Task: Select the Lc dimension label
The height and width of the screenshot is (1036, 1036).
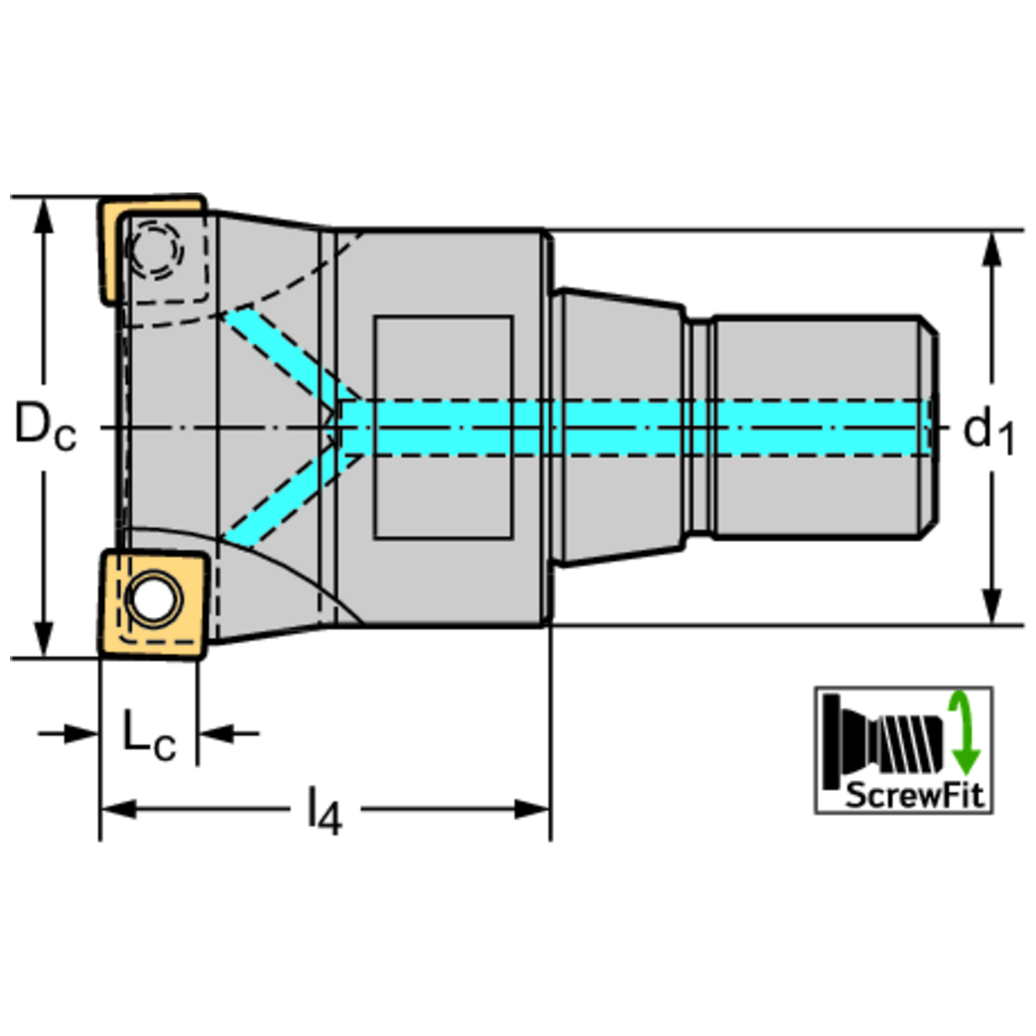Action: [149, 736]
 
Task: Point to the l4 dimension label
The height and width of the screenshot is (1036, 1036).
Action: [324, 812]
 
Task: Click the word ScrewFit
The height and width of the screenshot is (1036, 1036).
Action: [915, 795]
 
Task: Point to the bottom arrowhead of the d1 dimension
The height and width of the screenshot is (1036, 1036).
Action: [989, 609]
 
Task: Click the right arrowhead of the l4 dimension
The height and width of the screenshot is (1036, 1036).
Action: [536, 810]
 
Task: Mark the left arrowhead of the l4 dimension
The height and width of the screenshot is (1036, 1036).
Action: [115, 810]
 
